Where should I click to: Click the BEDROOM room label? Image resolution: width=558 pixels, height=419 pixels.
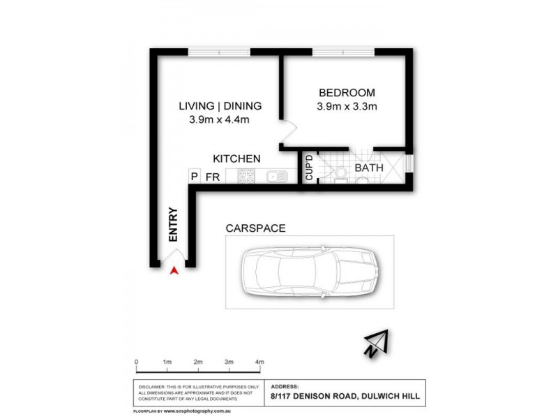[x=347, y=93]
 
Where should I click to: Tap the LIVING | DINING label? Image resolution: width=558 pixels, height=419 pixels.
[x=220, y=106]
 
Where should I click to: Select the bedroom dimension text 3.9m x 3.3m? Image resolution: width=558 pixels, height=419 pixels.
[x=347, y=107]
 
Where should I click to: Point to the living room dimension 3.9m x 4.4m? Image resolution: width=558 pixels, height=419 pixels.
[x=220, y=120]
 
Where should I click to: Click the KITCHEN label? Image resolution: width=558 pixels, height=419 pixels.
[x=236, y=159]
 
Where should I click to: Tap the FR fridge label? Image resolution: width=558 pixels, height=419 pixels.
[x=213, y=177]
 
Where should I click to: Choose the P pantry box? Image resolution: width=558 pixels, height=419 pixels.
[x=195, y=177]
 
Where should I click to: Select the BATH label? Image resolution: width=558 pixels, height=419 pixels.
[x=368, y=168]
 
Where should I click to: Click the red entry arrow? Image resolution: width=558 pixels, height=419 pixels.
[x=174, y=270]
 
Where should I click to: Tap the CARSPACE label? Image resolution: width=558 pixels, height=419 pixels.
[x=255, y=228]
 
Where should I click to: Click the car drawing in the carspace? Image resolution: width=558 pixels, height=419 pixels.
[x=309, y=271]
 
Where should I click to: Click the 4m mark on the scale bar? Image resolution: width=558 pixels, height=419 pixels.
[x=259, y=362]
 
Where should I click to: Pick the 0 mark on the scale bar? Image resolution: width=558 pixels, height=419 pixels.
[x=137, y=362]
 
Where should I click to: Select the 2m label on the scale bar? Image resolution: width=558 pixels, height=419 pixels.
[x=198, y=362]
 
